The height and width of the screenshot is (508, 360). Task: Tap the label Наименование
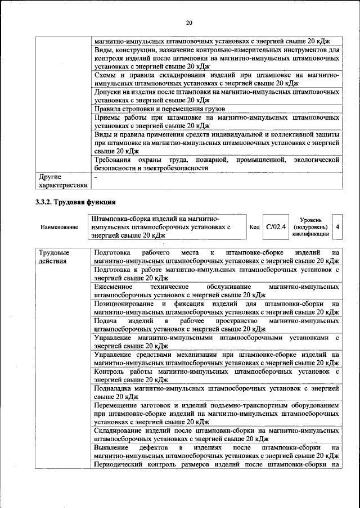point(59,227)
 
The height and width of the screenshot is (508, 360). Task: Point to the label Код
point(254,226)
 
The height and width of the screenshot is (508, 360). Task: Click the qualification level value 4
point(337,226)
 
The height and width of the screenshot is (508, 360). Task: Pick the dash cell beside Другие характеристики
point(96,176)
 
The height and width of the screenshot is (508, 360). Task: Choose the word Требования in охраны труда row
point(114,160)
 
